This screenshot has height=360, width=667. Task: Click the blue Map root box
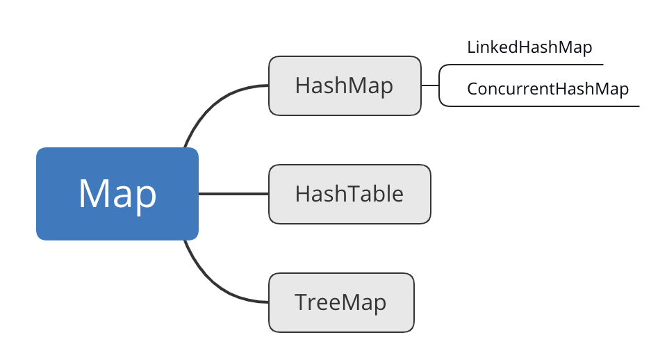coord(117,194)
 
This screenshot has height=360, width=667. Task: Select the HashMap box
coord(345,85)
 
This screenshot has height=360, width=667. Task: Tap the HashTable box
coord(349,194)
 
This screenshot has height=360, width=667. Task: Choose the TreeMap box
coord(341,302)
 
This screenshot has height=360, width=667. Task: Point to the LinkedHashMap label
coord(529,47)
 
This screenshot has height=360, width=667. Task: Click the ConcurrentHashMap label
coord(547,89)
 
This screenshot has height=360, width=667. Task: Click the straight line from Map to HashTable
coord(233,194)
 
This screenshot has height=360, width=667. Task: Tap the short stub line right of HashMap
coord(430,85)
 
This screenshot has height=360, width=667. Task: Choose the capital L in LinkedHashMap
coord(471,47)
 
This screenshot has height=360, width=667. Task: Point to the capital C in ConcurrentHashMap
coord(472,88)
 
